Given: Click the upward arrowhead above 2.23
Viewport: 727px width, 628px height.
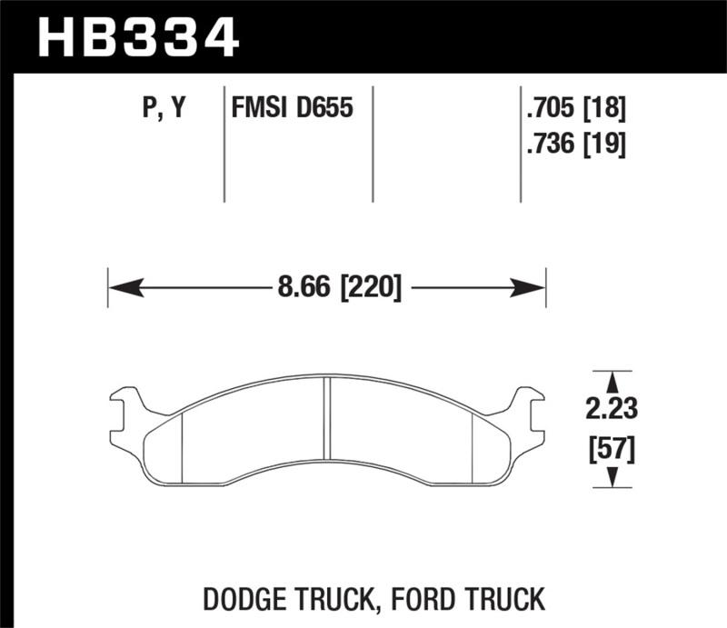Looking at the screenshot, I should click(614, 380).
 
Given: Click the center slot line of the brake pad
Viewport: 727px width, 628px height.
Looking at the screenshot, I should click(327, 417).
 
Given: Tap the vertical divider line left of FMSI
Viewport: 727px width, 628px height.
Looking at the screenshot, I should click(224, 145).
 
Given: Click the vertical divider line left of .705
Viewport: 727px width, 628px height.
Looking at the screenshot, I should click(520, 145).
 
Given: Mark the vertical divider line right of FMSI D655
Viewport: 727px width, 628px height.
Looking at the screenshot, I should click(373, 145).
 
